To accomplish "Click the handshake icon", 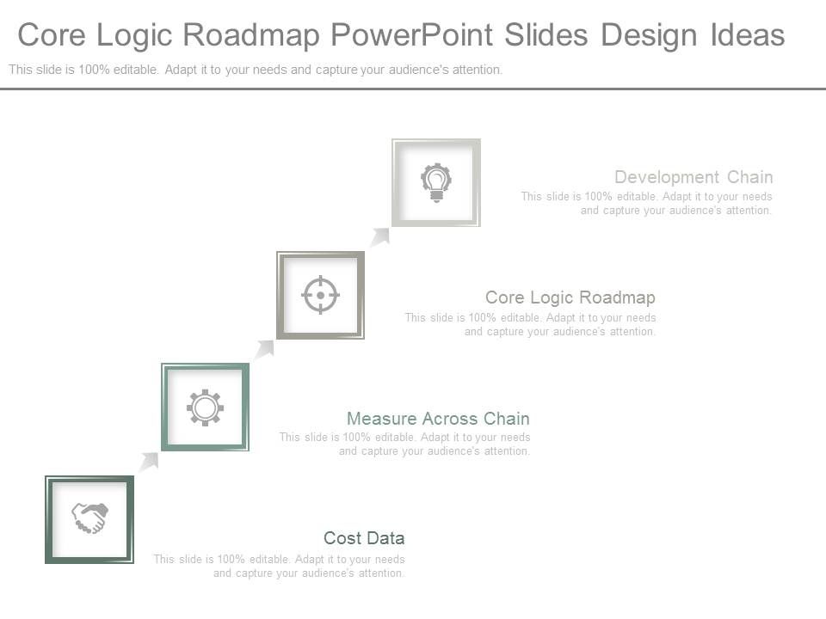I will pos(89,518).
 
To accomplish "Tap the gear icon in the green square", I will pos(205,407).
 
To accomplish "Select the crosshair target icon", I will pos(320,295).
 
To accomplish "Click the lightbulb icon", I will pos(436,182).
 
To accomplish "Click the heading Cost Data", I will pos(364,538).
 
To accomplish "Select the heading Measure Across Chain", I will pos(438,419).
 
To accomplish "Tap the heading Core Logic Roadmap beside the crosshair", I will pos(570,297).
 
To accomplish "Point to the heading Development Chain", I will pos(693,177).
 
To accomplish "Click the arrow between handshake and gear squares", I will pos(149,462).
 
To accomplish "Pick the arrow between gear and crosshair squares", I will pos(264,349).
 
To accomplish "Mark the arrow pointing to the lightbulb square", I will pos(379,236).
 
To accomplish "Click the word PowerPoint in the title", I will pos(411,35).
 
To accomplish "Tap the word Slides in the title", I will pos(546,35).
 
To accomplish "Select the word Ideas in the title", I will pos(747,35).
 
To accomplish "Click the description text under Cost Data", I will pos(279,566).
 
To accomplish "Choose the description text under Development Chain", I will pos(646,203).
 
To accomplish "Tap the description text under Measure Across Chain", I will pos(404,444).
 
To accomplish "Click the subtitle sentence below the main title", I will pos(256,70).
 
